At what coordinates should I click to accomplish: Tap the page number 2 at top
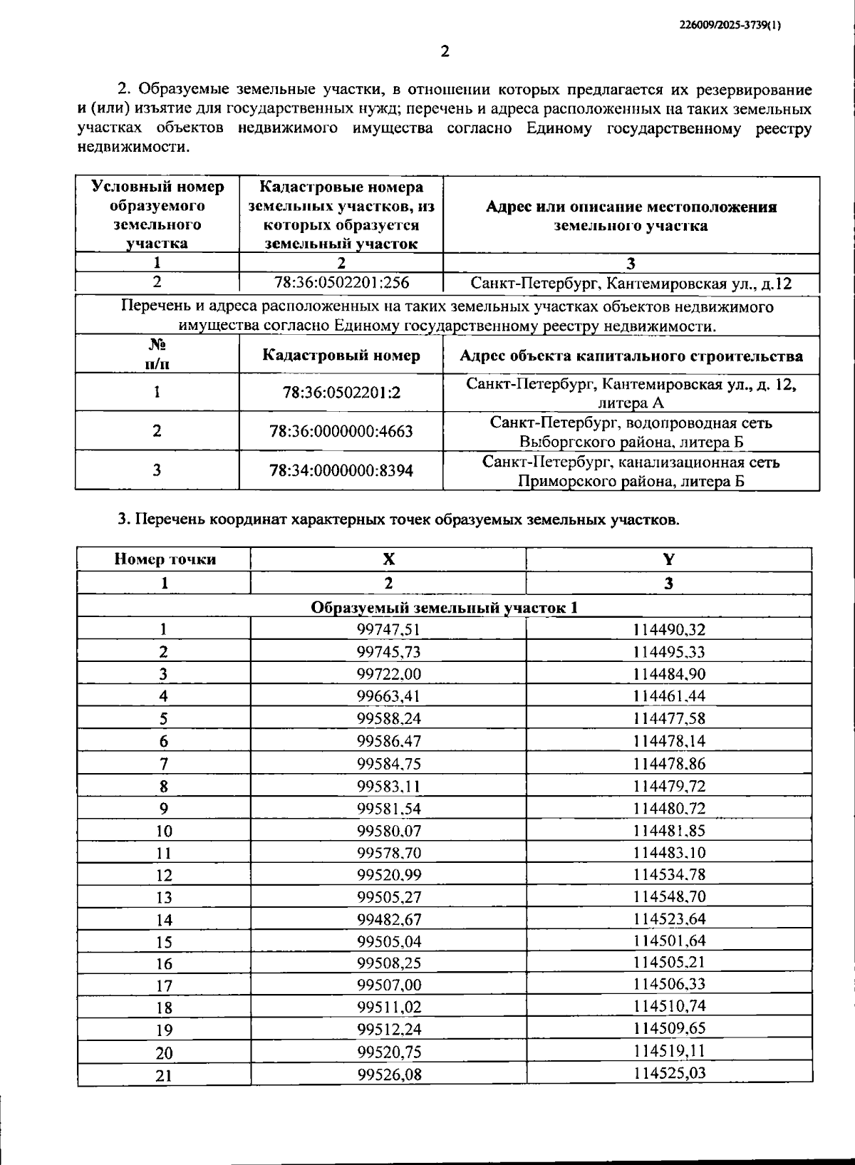pos(445,51)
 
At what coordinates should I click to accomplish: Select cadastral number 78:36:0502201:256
pos(341,283)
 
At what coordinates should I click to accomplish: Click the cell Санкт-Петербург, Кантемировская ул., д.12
pos(631,284)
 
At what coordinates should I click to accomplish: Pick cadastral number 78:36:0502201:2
pos(341,393)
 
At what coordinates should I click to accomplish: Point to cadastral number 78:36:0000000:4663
pos(341,432)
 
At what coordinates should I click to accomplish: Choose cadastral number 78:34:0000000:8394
pos(341,471)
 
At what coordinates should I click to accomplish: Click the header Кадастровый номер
pos(341,356)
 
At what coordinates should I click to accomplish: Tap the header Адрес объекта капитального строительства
pos(631,356)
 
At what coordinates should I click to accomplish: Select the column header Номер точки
pos(165,559)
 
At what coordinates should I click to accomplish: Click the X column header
pos(388,559)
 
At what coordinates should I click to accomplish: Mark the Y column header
pos(668,559)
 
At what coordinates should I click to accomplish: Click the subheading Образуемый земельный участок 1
pos(444,607)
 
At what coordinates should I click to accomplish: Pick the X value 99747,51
pos(388,629)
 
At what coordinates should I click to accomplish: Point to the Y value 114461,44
pos(668,696)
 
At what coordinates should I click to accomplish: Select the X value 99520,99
pos(388,875)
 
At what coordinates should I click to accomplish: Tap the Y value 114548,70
pos(668,896)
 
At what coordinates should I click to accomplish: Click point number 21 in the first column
pos(164,1075)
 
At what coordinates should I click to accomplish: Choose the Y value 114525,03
pos(668,1073)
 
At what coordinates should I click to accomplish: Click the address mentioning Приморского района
pos(631,472)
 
